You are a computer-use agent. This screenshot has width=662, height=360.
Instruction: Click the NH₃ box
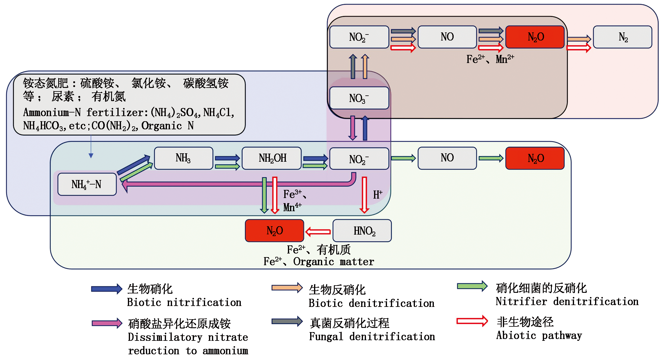183,158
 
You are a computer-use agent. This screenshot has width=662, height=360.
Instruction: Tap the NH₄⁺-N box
87,184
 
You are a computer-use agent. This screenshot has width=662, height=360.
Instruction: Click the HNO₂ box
362,231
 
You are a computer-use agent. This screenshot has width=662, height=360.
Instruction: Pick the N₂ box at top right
623,37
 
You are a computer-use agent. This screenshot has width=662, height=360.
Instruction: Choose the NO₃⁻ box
359,98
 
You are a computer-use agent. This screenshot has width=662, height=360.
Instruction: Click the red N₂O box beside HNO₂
274,231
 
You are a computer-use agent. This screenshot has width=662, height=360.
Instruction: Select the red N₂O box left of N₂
535,37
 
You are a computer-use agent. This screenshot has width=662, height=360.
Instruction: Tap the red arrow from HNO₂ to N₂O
318,232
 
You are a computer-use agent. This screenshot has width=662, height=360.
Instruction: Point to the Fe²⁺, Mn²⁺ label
490,59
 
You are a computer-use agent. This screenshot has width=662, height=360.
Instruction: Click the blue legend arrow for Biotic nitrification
107,289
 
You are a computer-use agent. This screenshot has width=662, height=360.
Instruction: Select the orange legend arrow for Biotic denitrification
287,288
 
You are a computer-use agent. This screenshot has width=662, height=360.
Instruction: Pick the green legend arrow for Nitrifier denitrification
472,286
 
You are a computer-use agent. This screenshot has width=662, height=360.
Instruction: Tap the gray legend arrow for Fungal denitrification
287,322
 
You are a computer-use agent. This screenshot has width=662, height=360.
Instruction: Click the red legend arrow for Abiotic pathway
472,321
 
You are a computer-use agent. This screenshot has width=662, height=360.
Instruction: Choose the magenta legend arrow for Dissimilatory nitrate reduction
107,323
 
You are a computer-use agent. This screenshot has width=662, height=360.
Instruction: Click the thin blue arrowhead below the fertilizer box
91,155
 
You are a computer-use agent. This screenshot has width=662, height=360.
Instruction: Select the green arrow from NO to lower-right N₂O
491,158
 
